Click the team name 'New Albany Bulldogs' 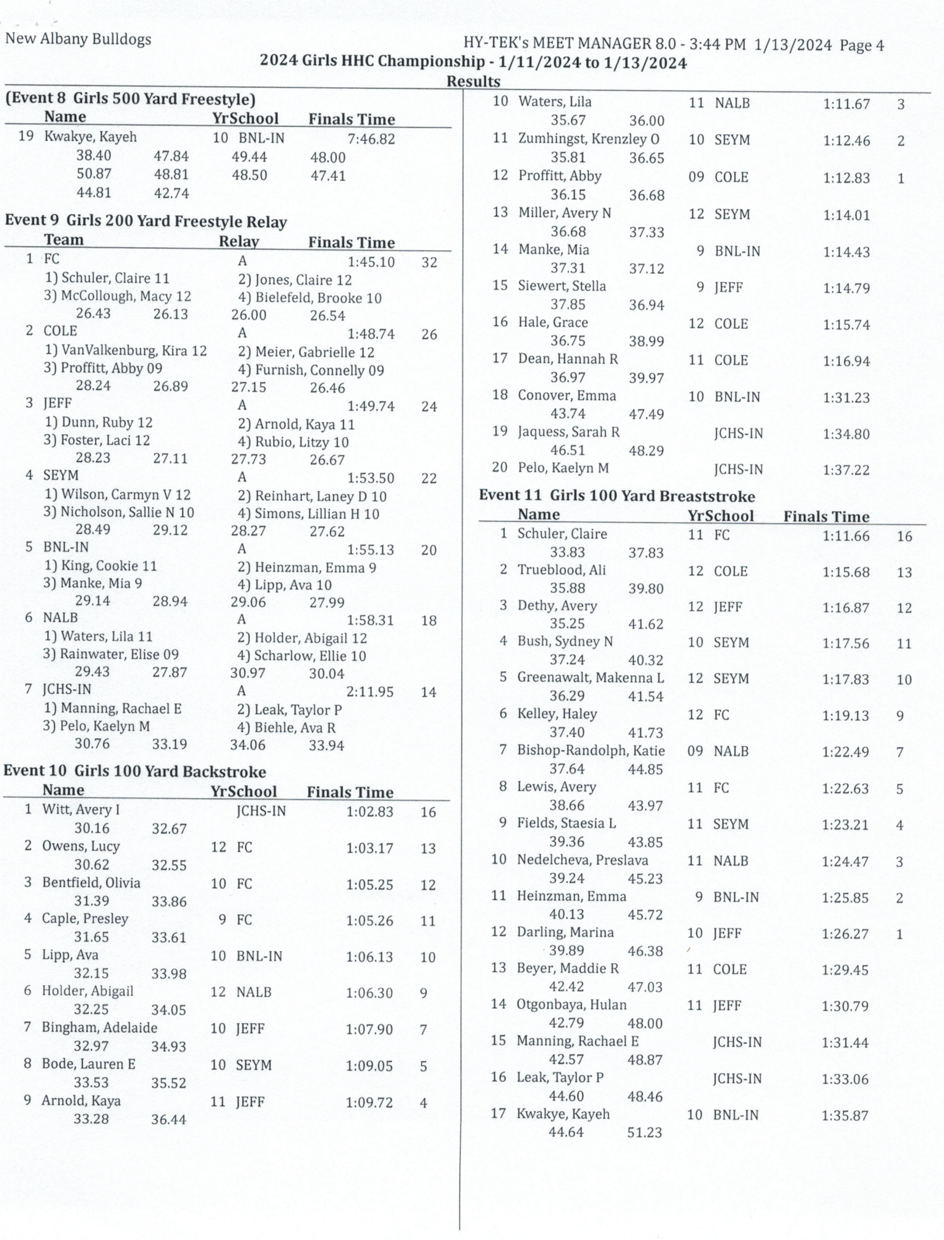pos(78,40)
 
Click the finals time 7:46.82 pos(371,139)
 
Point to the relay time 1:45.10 pos(371,262)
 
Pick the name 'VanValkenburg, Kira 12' pos(126,351)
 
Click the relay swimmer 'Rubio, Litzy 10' pos(293,442)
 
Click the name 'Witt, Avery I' pos(81,810)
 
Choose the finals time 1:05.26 pos(370,921)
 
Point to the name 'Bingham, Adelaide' pos(99,1028)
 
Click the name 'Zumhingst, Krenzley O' pos(589,139)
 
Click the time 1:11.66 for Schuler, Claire pos(846,536)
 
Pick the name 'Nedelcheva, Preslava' pos(582,860)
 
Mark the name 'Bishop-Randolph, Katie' pos(591,751)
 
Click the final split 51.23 pos(644,1132)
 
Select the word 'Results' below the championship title pos(473,81)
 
